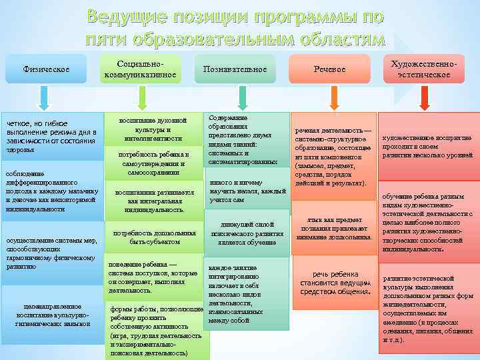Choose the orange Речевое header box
coord(330,69)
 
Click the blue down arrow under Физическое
coord(44,99)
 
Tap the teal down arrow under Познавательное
coord(237,99)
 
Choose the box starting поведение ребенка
coord(153,277)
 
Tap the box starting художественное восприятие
coord(427,146)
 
